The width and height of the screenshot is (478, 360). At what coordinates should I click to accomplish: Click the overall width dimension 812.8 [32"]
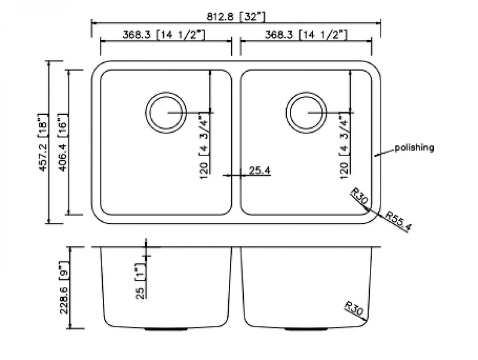pyautogui.click(x=236, y=17)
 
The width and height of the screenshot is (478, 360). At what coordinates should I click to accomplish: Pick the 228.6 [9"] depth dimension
pyautogui.click(x=65, y=286)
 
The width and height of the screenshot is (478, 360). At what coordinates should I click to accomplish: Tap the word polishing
pyautogui.click(x=414, y=147)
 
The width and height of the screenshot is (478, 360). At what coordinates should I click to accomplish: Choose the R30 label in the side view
pyautogui.click(x=353, y=308)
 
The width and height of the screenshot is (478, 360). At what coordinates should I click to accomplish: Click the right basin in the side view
pyautogui.click(x=299, y=287)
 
